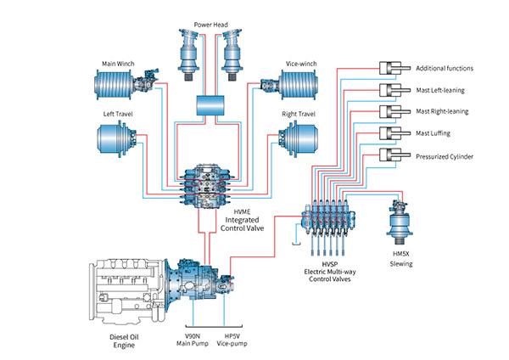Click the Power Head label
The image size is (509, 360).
210,25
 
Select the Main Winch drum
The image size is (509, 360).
114,84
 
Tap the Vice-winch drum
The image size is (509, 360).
299,84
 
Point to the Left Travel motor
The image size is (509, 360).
117,139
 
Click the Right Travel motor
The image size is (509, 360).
299,139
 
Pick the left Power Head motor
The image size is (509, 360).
187,54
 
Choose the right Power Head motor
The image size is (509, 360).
232,54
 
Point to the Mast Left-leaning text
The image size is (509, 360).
440,90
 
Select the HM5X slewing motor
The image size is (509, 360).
400,222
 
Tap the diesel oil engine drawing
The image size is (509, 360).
127,291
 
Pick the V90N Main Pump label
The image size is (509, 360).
193,340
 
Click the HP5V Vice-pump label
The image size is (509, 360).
232,340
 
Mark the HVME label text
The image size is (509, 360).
242,212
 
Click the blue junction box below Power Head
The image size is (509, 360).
210,105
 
